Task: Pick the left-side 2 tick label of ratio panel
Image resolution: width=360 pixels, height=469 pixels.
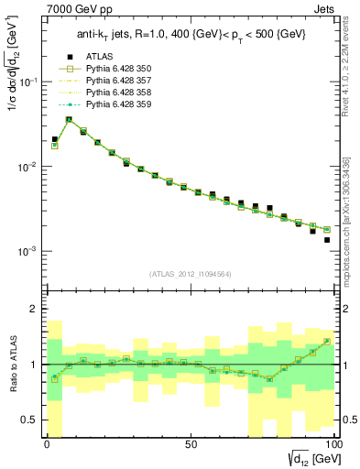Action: (35, 310)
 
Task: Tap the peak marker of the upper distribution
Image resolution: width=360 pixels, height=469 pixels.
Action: (69, 119)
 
